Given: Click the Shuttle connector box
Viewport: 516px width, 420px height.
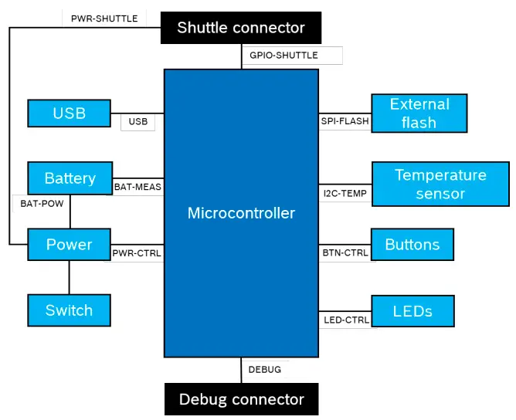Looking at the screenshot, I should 241,28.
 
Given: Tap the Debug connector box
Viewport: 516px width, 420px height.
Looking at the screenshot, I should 241,399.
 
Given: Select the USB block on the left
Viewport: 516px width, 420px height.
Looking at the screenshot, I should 70,113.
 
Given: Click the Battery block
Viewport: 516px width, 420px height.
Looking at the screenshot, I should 70,178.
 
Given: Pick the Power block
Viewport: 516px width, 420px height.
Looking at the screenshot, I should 70,245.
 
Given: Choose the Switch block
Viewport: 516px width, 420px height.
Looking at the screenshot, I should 70,310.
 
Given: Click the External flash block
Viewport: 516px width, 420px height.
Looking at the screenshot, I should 419,113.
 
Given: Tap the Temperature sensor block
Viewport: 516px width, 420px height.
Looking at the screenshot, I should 440,185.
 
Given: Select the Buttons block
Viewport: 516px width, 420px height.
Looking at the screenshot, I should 412,245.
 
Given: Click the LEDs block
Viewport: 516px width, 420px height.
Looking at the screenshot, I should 412,311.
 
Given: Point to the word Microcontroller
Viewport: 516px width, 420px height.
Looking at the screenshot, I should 241,213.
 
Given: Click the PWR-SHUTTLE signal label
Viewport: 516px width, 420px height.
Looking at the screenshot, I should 104,19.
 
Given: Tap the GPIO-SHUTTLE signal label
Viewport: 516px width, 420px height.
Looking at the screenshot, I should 283,56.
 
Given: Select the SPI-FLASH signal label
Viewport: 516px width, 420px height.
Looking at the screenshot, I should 345,121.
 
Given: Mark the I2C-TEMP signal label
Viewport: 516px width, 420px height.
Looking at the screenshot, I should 345,193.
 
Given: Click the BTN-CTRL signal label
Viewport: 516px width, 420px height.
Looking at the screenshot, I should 345,252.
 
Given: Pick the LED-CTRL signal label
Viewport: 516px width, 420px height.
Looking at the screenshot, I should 345,320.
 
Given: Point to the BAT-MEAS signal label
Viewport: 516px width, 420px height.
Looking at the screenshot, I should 137,187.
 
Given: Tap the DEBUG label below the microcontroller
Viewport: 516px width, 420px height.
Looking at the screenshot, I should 264,370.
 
